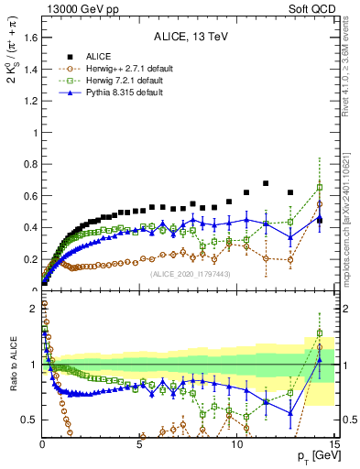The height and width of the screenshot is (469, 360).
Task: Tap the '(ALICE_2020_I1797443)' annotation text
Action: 189,274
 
